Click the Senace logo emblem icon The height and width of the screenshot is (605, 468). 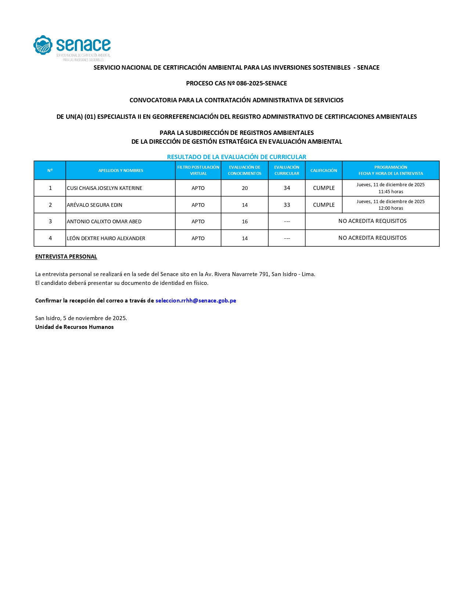(43, 45)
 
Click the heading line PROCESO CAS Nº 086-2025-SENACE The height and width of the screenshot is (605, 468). (236, 83)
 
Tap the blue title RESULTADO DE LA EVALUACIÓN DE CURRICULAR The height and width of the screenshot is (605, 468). (236, 157)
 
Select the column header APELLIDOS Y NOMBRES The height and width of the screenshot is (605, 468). (121, 170)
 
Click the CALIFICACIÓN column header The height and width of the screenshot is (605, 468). (323, 170)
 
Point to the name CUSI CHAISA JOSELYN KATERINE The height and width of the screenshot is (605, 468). (105, 188)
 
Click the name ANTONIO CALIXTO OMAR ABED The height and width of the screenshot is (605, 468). (104, 221)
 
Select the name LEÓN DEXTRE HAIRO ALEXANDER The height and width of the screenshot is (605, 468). (106, 238)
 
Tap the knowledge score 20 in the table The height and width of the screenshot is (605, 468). (245, 188)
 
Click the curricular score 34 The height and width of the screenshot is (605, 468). (287, 188)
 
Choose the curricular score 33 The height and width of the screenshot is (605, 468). (287, 205)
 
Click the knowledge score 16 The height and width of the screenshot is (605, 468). (245, 221)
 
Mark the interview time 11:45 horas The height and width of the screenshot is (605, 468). (391, 192)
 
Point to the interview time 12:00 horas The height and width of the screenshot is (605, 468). (391, 208)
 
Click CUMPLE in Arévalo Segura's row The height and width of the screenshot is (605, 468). (324, 205)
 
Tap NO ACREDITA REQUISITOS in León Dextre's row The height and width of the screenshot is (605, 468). (372, 238)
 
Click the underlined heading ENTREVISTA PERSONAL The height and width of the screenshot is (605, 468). (66, 257)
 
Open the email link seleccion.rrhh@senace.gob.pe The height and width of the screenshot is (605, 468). (196, 301)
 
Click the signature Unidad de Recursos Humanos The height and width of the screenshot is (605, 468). (75, 327)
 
